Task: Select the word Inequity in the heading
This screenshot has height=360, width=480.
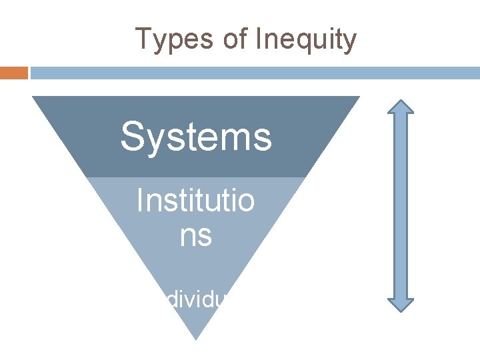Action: pos(305,39)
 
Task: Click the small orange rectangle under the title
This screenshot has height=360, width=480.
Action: pos(13,73)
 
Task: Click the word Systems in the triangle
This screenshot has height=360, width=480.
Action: pos(196,137)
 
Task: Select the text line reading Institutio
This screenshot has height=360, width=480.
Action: pos(195,200)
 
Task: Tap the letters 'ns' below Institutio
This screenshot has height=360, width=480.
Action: pos(195,235)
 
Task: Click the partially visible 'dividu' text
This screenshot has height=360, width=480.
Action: pos(197,300)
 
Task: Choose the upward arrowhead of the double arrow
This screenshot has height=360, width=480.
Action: pos(401,109)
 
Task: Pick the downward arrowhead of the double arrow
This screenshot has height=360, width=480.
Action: pos(401,302)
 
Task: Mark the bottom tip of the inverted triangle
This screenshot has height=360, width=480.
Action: pos(196,339)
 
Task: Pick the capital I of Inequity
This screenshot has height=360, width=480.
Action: pos(257,39)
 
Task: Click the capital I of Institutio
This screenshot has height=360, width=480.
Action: pos(139,200)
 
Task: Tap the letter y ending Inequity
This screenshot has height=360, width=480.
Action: pos(350,41)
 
